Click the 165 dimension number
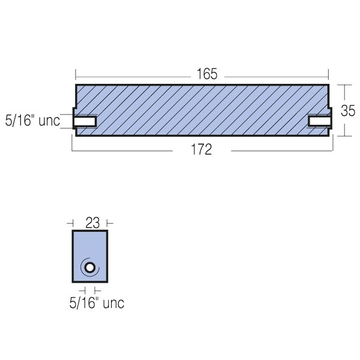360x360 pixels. [202, 74]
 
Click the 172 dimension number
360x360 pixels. [202, 150]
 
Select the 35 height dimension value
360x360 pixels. [347, 111]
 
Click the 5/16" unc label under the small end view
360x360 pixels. [96, 303]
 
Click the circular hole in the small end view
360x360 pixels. [89, 268]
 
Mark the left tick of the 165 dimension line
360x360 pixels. [76, 74]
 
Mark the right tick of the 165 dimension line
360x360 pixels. [329, 74]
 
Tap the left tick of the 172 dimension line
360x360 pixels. [72, 150]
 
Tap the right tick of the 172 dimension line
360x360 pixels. [333, 150]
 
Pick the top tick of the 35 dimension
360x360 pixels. [344, 85]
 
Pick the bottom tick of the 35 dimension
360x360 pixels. [344, 137]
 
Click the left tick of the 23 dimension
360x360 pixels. [72, 222]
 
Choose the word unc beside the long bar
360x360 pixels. [49, 121]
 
